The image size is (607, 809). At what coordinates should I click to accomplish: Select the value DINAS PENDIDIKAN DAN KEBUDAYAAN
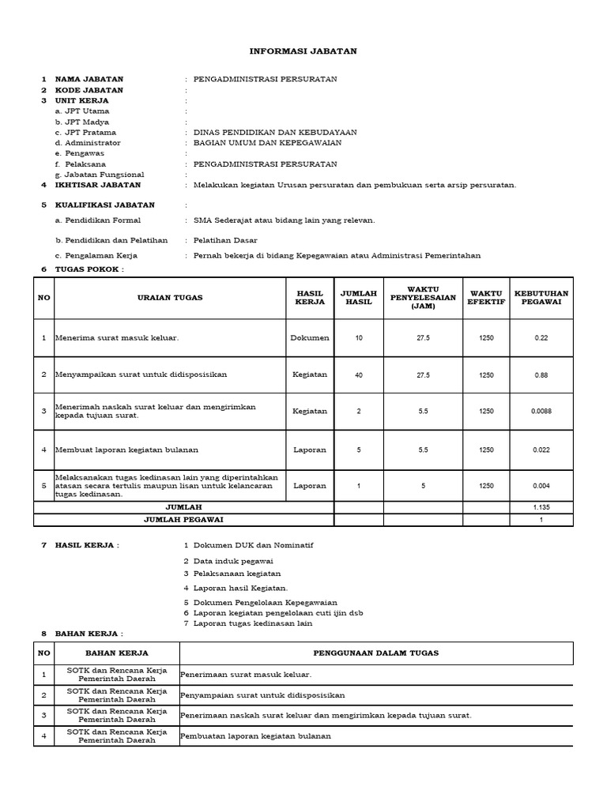(275, 133)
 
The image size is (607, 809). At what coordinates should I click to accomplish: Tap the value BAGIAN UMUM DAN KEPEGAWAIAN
(267, 143)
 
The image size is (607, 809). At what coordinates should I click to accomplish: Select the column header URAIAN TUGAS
(169, 297)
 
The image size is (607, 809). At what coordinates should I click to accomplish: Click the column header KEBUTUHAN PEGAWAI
(541, 297)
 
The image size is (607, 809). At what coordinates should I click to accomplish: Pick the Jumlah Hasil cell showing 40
(359, 375)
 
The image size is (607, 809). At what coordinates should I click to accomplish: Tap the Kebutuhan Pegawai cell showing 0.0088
(541, 412)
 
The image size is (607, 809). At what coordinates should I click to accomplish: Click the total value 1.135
(541, 507)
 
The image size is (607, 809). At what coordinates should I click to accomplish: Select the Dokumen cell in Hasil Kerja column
(309, 338)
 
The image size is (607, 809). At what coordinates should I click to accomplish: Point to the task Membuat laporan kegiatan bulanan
(126, 450)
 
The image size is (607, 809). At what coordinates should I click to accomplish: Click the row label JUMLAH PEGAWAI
(183, 520)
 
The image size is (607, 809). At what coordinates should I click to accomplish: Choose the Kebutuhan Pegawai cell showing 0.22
(541, 338)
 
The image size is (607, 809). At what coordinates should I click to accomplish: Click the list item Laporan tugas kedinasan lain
(253, 623)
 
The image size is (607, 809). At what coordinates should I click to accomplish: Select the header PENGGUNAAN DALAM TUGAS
(375, 653)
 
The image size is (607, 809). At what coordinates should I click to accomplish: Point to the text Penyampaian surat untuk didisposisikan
(262, 695)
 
